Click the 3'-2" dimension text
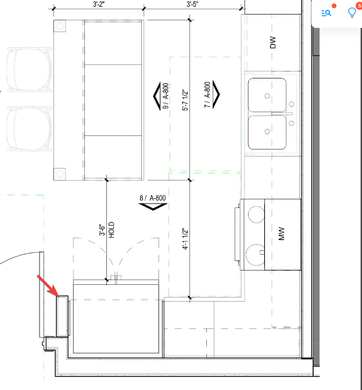pyautogui.click(x=98, y=4)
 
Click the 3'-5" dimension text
pyautogui.click(x=192, y=4)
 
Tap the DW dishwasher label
pyautogui.click(x=273, y=42)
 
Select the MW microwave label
pyautogui.click(x=281, y=234)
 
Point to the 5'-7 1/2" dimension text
pyautogui.click(x=185, y=100)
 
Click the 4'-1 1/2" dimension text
pyautogui.click(x=185, y=238)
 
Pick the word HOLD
pyautogui.click(x=112, y=230)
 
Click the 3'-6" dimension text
pyautogui.click(x=102, y=230)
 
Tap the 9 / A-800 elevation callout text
pyautogui.click(x=166, y=96)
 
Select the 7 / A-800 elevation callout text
pyautogui.click(x=207, y=95)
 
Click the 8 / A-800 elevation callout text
pyautogui.click(x=153, y=198)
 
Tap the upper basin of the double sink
pyautogui.click(x=267, y=95)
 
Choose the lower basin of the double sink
pyautogui.click(x=267, y=133)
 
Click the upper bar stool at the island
pyautogui.click(x=29, y=69)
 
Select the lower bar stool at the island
pyautogui.click(x=29, y=129)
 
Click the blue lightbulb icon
pyautogui.click(x=352, y=12)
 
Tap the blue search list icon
pyautogui.click(x=326, y=13)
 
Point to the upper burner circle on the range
pyautogui.click(x=256, y=214)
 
